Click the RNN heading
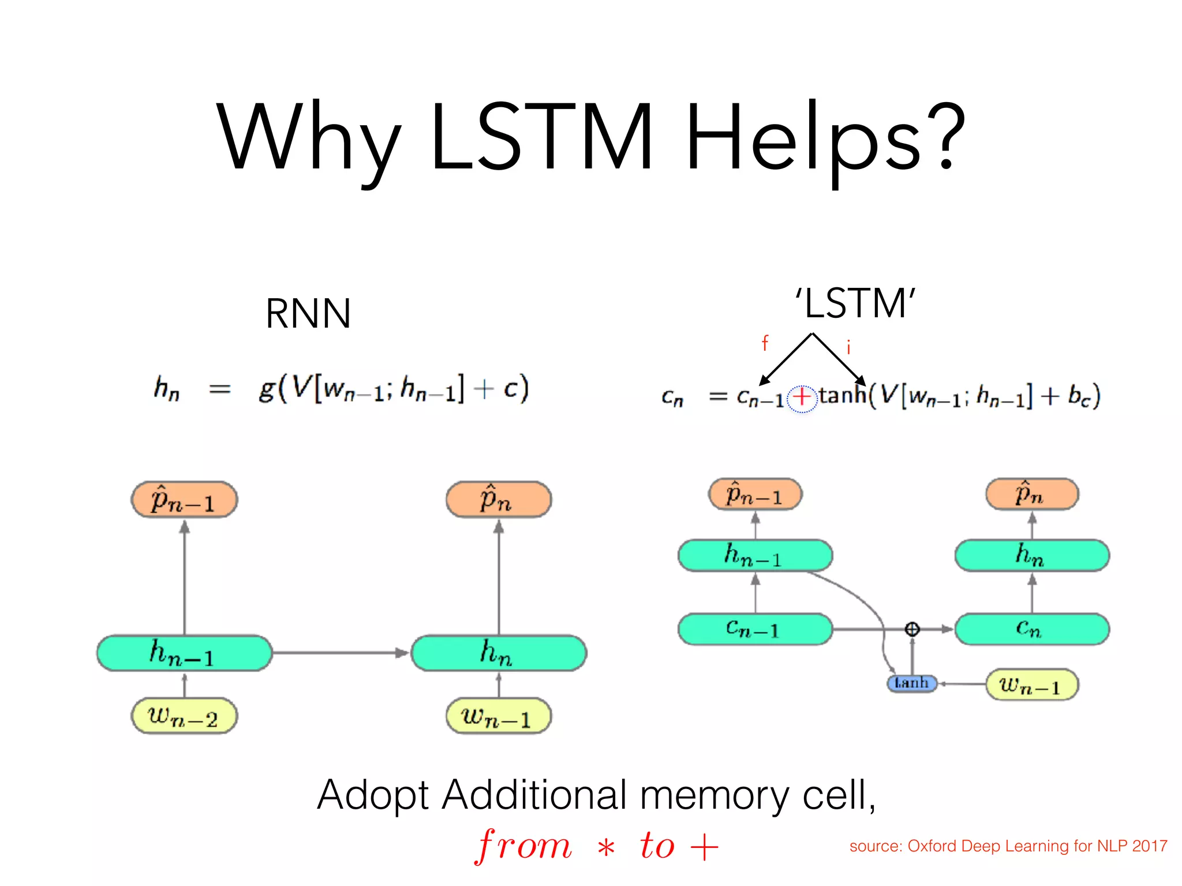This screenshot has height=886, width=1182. point(308,314)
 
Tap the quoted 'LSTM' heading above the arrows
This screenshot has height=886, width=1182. point(855,303)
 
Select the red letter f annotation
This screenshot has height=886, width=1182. point(765,343)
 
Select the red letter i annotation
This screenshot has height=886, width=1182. point(848,347)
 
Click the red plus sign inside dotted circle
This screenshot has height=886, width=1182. point(802,397)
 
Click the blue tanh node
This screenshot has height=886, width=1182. point(911,684)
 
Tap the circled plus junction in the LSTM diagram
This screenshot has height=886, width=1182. point(912,629)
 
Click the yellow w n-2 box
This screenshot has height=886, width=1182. point(184,716)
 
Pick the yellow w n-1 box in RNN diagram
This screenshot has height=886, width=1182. point(498,716)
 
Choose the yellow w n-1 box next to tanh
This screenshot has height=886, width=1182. point(1031,685)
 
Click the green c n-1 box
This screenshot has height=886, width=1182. point(755,629)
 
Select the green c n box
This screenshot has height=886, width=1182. point(1031,629)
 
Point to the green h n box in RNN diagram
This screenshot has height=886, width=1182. point(499,653)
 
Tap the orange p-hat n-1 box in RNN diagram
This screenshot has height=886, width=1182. point(184,500)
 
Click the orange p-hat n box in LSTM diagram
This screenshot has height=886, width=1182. point(1031,494)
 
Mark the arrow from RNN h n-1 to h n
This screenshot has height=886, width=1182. point(341,653)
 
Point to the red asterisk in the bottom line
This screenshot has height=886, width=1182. point(606,849)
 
